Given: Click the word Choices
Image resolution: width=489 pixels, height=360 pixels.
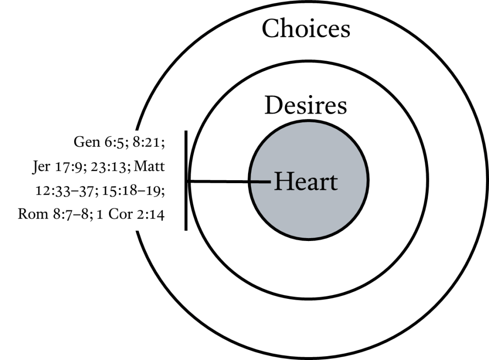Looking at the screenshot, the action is (x=306, y=28).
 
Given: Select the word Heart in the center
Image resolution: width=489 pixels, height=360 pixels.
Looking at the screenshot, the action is (x=306, y=182).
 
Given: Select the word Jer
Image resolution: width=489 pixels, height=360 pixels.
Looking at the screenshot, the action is (x=41, y=166).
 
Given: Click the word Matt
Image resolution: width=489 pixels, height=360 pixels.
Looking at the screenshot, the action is (x=150, y=166).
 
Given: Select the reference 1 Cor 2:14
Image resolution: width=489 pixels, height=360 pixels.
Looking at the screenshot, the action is (x=130, y=214).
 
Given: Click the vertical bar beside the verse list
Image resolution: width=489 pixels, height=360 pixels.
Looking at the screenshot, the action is (x=186, y=181).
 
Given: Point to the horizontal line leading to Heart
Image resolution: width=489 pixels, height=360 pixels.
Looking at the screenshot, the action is (x=228, y=181).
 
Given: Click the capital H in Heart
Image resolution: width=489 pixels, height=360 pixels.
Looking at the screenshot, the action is (x=282, y=182).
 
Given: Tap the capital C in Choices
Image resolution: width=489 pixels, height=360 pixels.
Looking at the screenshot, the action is (x=270, y=28).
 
